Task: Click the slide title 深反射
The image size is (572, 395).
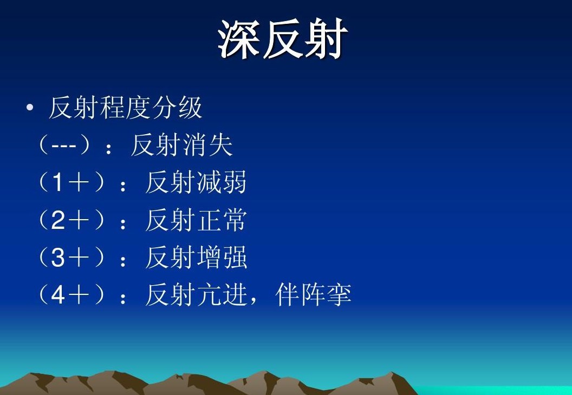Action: click(x=282, y=38)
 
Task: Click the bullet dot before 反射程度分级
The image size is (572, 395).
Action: click(x=30, y=108)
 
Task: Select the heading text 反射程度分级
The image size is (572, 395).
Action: click(x=125, y=108)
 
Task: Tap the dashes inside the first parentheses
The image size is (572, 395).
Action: click(x=64, y=146)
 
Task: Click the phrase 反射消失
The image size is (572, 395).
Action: click(x=181, y=145)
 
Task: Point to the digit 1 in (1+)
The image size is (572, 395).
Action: click(x=57, y=182)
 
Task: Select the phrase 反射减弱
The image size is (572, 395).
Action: click(x=196, y=182)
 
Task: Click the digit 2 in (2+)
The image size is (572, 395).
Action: click(x=57, y=220)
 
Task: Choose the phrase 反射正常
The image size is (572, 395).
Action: click(x=196, y=220)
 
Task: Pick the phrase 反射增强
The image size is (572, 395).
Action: click(x=196, y=257)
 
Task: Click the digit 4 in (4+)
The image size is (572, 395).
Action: click(x=57, y=295)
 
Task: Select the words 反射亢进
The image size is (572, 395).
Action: click(x=196, y=295)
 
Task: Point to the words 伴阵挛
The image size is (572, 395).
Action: click(x=314, y=295)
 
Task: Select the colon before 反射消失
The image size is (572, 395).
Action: click(x=108, y=149)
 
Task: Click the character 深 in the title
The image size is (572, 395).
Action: click(x=238, y=38)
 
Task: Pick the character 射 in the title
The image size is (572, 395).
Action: click(x=326, y=38)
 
